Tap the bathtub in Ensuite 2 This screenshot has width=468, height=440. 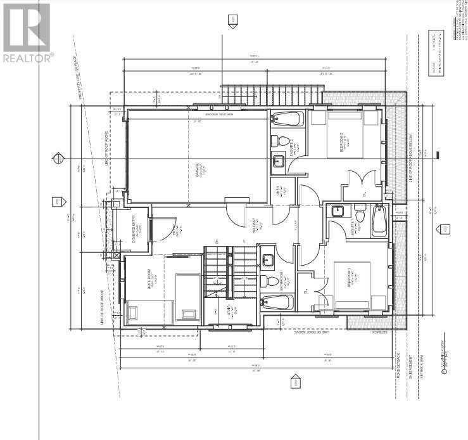pyautogui.click(x=288, y=119)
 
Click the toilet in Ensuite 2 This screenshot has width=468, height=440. pyautogui.click(x=283, y=141)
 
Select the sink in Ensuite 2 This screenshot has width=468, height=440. pyautogui.click(x=279, y=162)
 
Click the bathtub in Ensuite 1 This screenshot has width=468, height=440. pyautogui.click(x=379, y=219)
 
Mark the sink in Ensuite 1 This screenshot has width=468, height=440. pyautogui.click(x=336, y=212)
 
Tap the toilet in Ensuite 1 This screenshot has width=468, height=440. pyautogui.click(x=360, y=216)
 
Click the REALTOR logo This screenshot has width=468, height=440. pyautogui.click(x=27, y=32)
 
